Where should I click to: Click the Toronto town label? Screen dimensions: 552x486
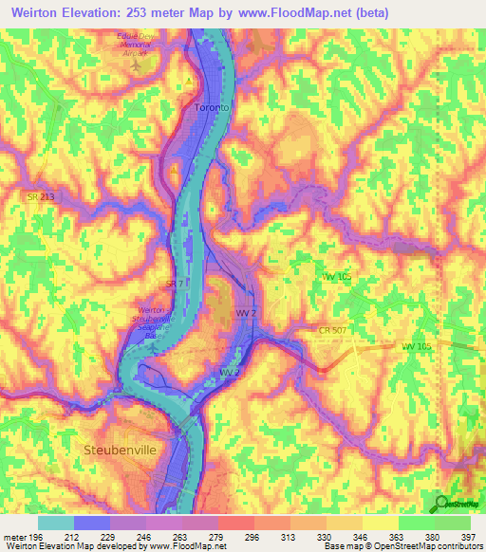211,108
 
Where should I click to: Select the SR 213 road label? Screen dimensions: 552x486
42,196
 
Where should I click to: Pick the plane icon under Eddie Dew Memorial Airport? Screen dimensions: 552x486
139,68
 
